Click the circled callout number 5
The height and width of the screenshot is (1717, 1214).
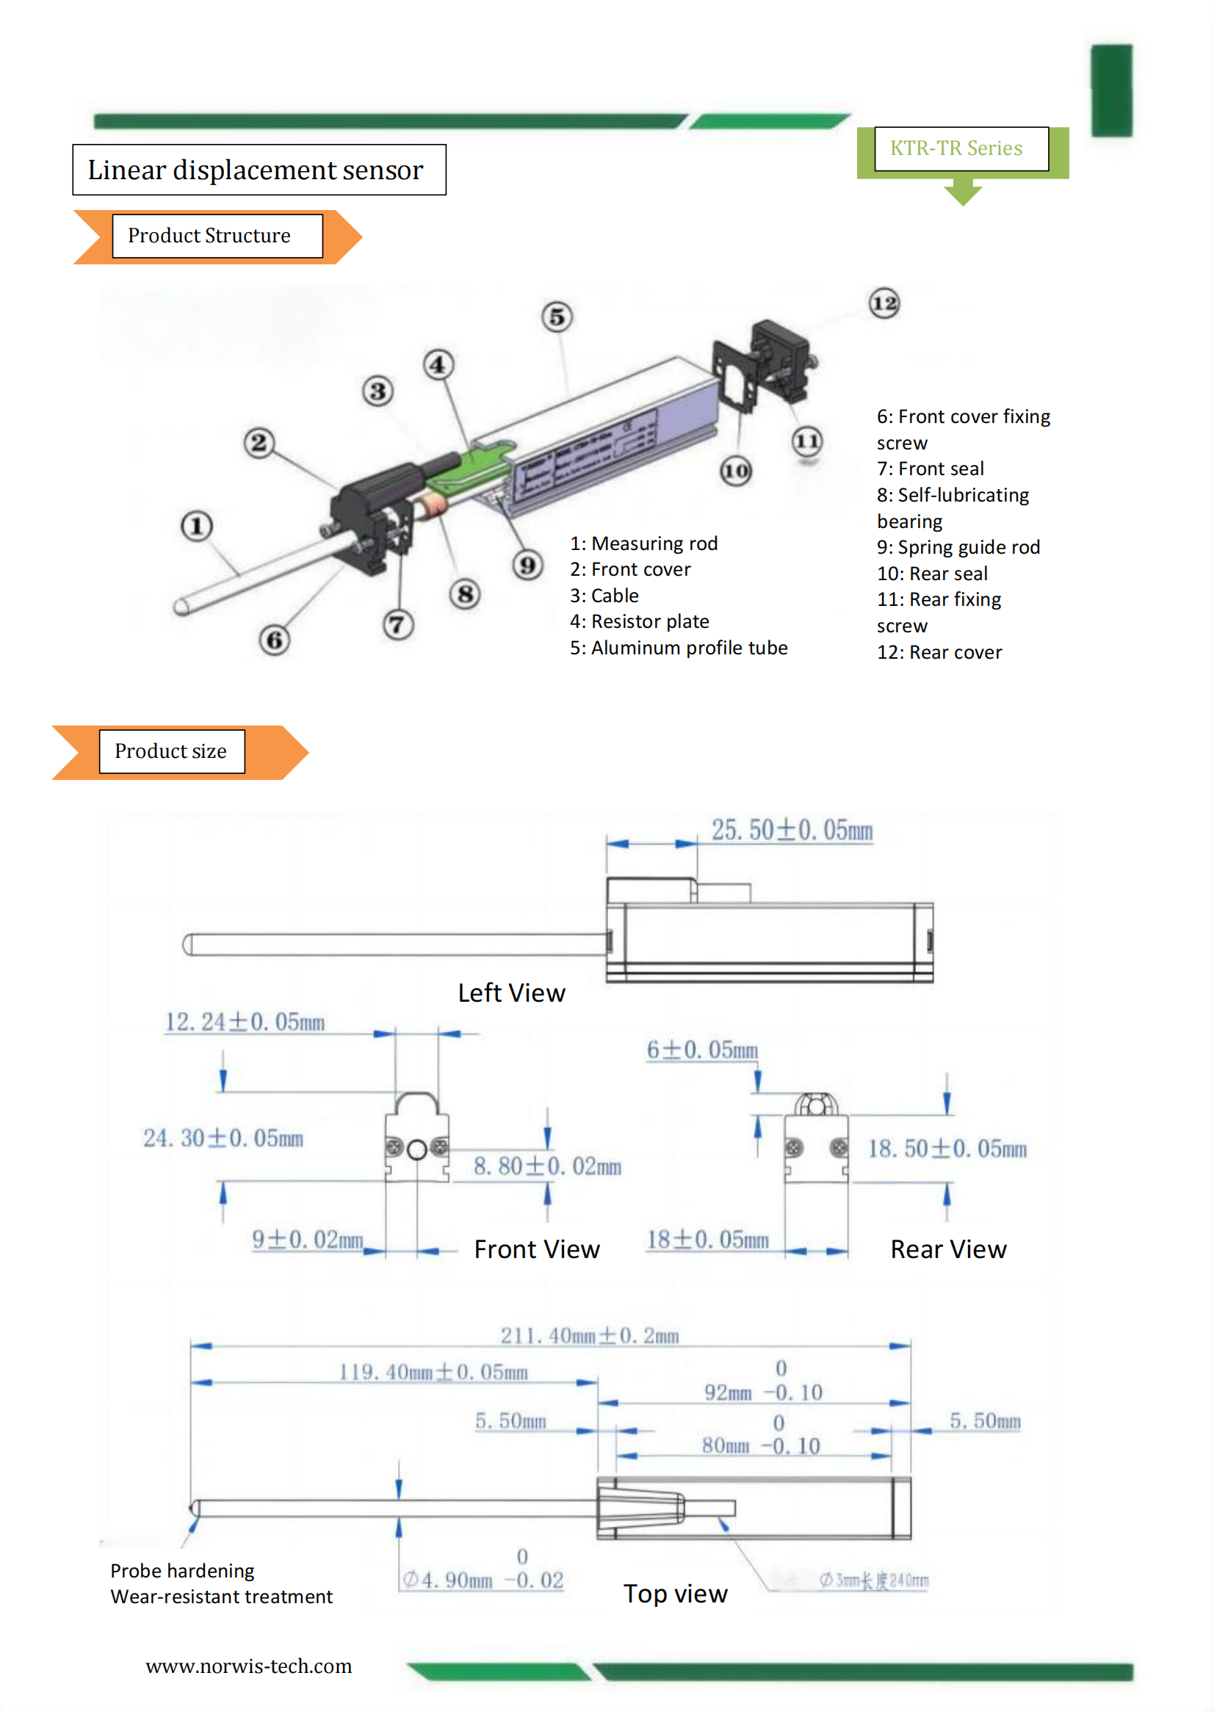tap(557, 317)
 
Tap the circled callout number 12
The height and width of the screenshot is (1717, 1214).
tap(884, 303)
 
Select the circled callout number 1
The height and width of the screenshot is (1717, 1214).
tap(197, 526)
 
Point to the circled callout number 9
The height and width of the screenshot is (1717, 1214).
tap(527, 565)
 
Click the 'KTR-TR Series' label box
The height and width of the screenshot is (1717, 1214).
tap(961, 148)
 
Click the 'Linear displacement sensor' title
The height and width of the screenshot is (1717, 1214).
tap(256, 170)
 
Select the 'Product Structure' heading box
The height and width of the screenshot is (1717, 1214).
tap(217, 236)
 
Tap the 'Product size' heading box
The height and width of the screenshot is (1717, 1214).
tap(171, 751)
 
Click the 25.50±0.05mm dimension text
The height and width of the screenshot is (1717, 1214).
tap(792, 830)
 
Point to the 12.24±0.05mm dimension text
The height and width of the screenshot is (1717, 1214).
tap(245, 1022)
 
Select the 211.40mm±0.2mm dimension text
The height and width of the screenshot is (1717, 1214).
tap(590, 1336)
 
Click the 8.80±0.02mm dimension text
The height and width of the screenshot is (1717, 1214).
tap(547, 1166)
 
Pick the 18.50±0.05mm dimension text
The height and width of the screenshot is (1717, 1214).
tap(947, 1149)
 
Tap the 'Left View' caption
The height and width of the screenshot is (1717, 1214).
tap(512, 993)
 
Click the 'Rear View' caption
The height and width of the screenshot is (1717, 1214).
tap(947, 1249)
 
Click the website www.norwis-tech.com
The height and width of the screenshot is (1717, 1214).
tap(248, 1666)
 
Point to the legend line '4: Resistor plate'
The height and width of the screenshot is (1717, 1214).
tap(640, 621)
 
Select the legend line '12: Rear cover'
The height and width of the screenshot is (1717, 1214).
tap(939, 652)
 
